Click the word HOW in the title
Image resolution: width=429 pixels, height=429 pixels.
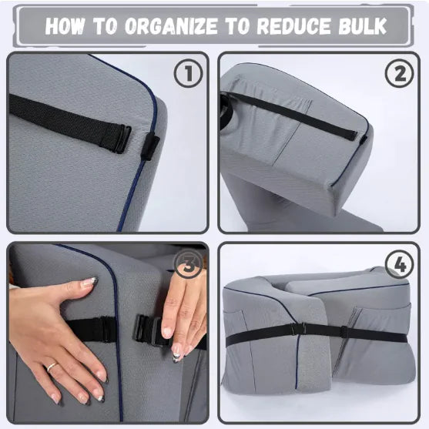point(67,25)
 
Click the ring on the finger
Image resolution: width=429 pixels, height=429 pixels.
point(51,367)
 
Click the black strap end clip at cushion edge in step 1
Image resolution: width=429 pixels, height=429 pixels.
point(149,145)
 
